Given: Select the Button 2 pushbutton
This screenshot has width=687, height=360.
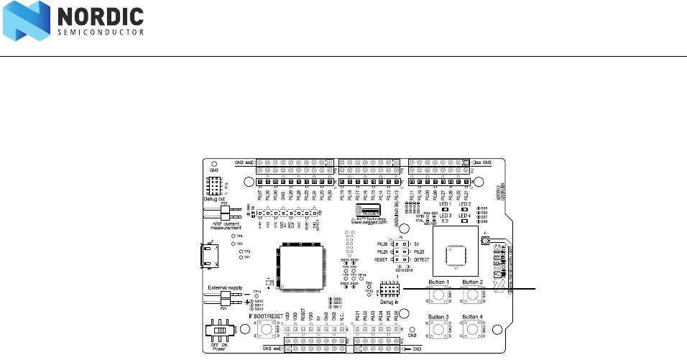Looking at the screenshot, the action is coord(472,295).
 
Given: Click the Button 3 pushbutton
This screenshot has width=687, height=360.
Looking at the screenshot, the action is coord(438,330).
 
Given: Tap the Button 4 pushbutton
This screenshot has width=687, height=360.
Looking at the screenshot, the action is coord(472,330).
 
